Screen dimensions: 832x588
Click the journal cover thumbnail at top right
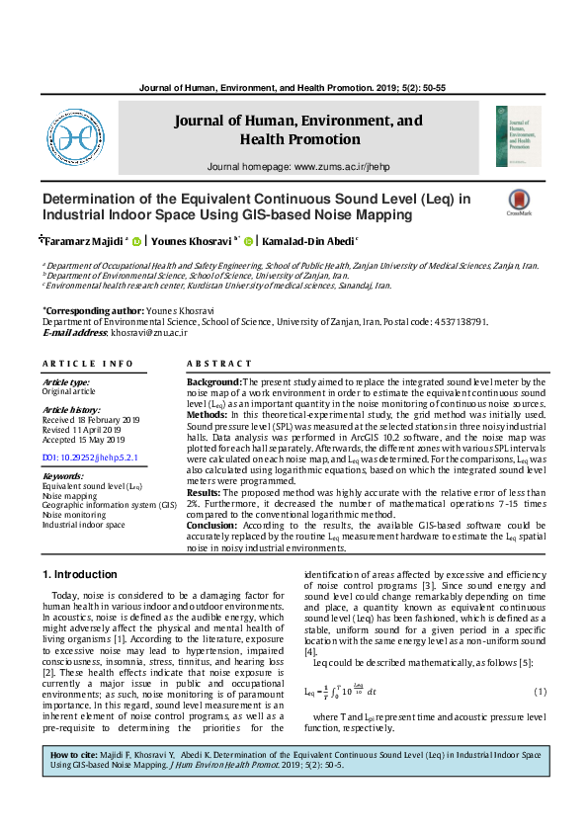click(519, 136)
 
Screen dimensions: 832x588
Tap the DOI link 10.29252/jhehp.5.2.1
click(90, 458)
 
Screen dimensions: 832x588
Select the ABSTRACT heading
click(218, 365)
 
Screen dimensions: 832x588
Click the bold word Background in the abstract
click(213, 380)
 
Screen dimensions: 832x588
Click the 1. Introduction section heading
click(80, 574)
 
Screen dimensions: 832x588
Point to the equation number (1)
click(540, 691)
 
